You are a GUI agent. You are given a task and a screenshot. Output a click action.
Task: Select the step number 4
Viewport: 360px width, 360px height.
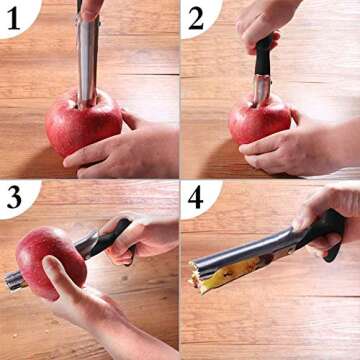pyautogui.click(x=196, y=197)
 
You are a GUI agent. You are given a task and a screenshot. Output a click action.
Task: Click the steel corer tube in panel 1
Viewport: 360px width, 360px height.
pyautogui.click(x=86, y=60)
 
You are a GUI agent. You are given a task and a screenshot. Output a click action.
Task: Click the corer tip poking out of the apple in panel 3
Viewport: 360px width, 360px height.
pyautogui.click(x=14, y=281)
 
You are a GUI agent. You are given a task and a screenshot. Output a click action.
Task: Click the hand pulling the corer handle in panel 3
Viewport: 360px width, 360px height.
pyautogui.click(x=145, y=240)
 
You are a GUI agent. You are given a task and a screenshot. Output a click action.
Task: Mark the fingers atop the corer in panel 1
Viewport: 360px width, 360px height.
pyautogui.click(x=92, y=8)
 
